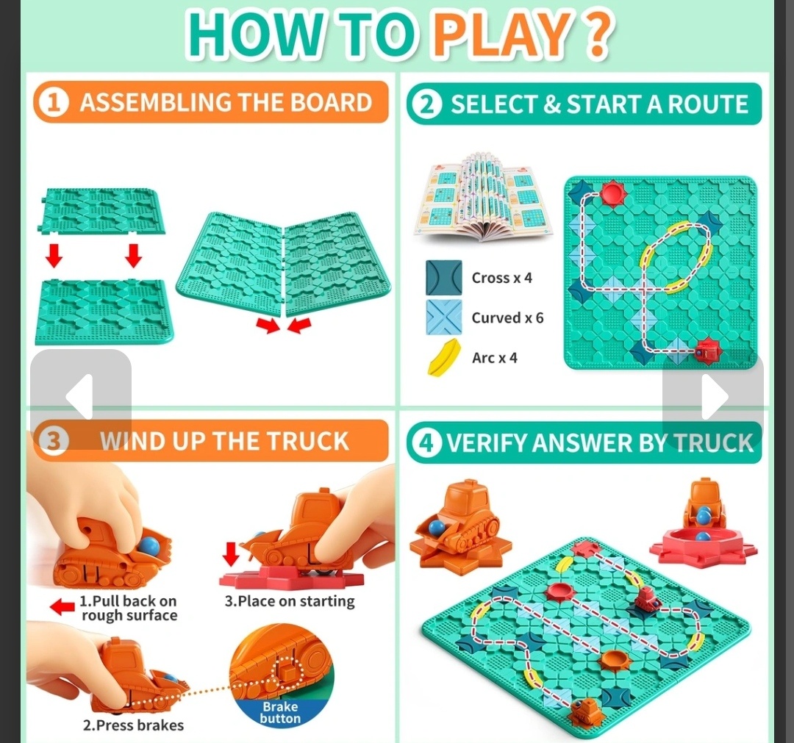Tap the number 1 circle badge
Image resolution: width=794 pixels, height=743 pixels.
54,103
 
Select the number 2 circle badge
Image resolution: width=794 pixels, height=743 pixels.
427,104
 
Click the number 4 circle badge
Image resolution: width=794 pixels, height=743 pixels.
426,443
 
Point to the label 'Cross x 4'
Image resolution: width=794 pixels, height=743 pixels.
502,278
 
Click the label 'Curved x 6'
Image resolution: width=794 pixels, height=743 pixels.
507,317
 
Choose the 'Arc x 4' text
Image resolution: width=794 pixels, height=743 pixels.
495,358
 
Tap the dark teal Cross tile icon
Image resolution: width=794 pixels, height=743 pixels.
443,277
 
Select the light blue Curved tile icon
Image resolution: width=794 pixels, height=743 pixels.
443,317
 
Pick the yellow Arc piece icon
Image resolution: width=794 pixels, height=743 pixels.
444,358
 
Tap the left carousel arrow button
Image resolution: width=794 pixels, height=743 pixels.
81,398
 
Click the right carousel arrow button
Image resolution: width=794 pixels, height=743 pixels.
713,398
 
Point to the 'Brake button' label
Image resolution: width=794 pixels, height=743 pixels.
280,713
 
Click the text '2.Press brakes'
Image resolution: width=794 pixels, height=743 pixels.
133,725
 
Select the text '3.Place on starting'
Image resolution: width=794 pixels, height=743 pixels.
290,601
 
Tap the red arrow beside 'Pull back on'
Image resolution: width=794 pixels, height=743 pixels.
62,607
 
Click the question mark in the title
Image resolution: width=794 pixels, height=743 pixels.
599,34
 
